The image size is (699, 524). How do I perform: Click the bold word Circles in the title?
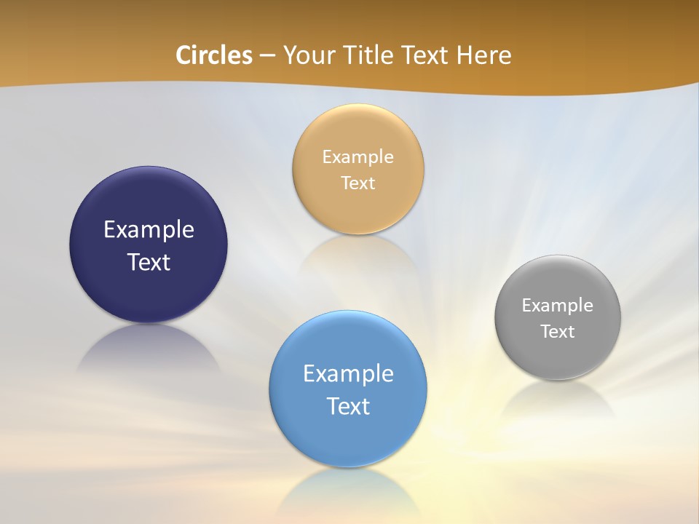pyautogui.click(x=214, y=55)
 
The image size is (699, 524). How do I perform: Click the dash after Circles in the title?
pyautogui.click(x=267, y=56)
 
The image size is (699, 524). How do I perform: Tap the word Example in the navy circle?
pyautogui.click(x=149, y=229)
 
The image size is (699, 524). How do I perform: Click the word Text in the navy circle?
pyautogui.click(x=149, y=262)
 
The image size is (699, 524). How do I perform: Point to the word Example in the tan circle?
pyautogui.click(x=358, y=156)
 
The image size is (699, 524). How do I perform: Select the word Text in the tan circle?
pyautogui.click(x=358, y=183)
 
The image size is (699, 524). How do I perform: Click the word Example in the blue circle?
pyautogui.click(x=348, y=373)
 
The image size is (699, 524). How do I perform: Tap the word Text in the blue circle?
pyautogui.click(x=348, y=406)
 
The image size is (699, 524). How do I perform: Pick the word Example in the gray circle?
pyautogui.click(x=558, y=305)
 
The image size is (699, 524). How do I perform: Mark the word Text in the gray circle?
pyautogui.click(x=558, y=331)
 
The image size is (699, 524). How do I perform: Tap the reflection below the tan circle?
pyautogui.click(x=358, y=255)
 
